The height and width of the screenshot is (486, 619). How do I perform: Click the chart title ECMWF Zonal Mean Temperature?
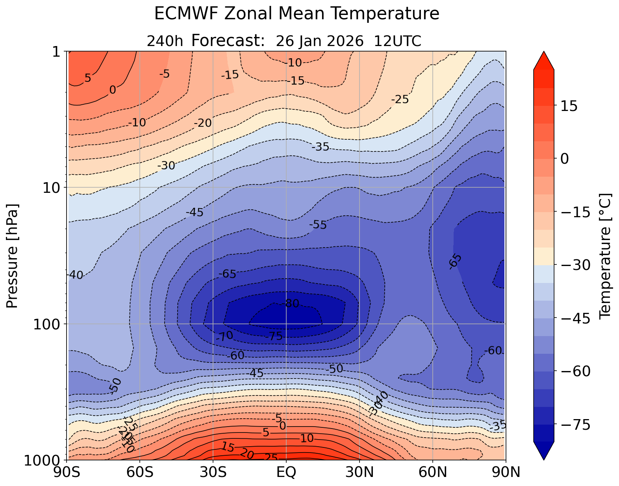click(x=297, y=14)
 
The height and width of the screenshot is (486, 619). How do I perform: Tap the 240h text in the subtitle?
click(x=165, y=41)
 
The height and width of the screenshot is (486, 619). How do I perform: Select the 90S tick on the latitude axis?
click(x=68, y=472)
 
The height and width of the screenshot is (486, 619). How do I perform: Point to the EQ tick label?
click(x=286, y=472)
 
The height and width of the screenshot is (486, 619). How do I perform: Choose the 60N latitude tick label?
click(x=432, y=472)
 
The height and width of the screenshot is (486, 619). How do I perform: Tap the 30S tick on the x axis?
click(x=213, y=472)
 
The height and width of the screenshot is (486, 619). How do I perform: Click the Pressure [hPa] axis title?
click(x=13, y=256)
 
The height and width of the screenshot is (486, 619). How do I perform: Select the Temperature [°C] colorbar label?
click(x=604, y=256)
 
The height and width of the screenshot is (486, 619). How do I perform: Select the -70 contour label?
click(x=224, y=336)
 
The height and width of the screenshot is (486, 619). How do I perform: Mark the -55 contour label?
click(x=318, y=225)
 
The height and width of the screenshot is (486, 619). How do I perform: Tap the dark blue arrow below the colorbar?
click(x=544, y=451)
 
